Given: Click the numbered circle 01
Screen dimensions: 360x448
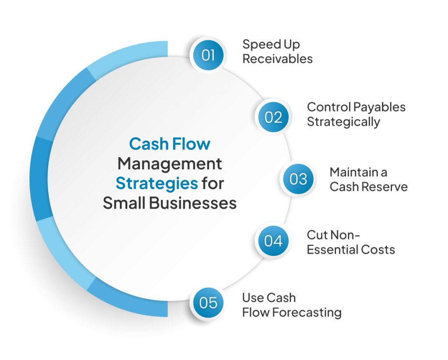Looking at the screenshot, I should [208, 56].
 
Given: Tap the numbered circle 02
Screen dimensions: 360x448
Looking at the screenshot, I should [273, 117].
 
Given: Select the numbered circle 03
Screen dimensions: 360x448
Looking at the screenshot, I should [298, 179].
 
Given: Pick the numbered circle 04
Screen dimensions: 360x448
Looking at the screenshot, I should [273, 241].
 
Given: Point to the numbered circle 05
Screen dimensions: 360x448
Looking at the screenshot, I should [208, 303].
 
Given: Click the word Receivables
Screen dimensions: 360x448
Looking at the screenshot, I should [277, 59].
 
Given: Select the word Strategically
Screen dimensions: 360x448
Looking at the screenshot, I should [343, 122].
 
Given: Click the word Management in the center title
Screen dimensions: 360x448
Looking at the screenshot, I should [170, 164].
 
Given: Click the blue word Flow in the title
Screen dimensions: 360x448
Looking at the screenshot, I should [191, 144].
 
